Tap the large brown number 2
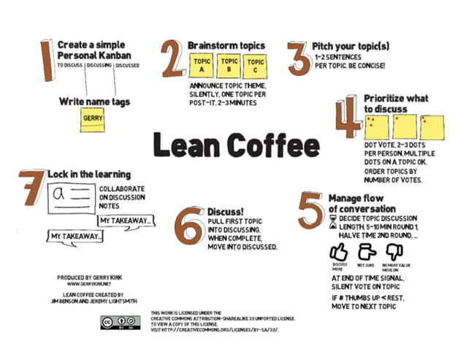click(173, 60)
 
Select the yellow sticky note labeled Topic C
click(255, 66)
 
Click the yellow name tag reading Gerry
click(93, 120)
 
